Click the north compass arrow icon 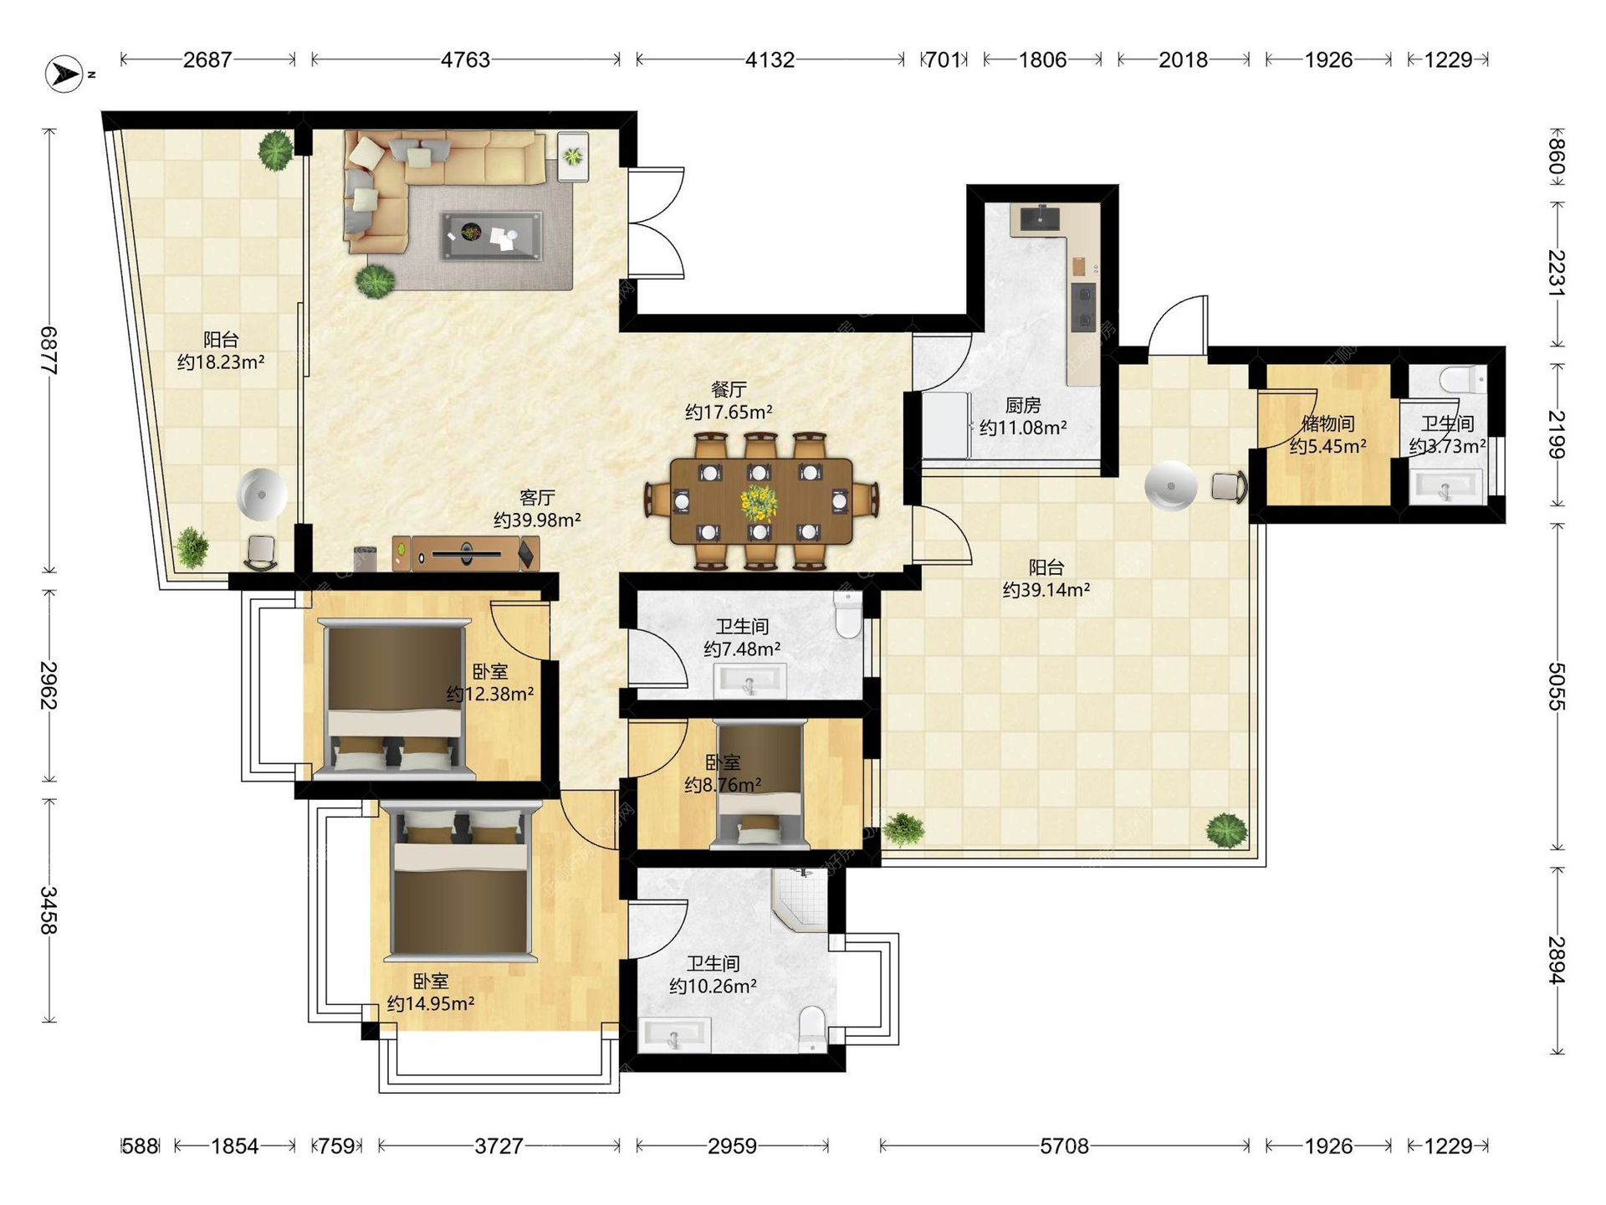coord(64,74)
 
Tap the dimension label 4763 coord(465,60)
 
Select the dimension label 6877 coord(49,351)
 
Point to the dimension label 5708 coord(1064,1146)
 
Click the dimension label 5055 coord(1556,686)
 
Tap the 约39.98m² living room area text coord(537,520)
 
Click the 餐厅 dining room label coord(729,389)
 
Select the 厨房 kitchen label coord(1023,406)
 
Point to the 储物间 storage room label coord(1327,423)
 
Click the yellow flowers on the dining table coord(759,502)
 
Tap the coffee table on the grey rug coord(491,236)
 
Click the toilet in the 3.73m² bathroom coord(1463,379)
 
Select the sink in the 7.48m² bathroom coord(749,681)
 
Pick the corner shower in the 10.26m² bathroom coord(800,899)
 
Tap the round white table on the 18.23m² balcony coord(262,495)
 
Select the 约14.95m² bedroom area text coord(431,1003)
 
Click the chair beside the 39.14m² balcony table coord(1229,487)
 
